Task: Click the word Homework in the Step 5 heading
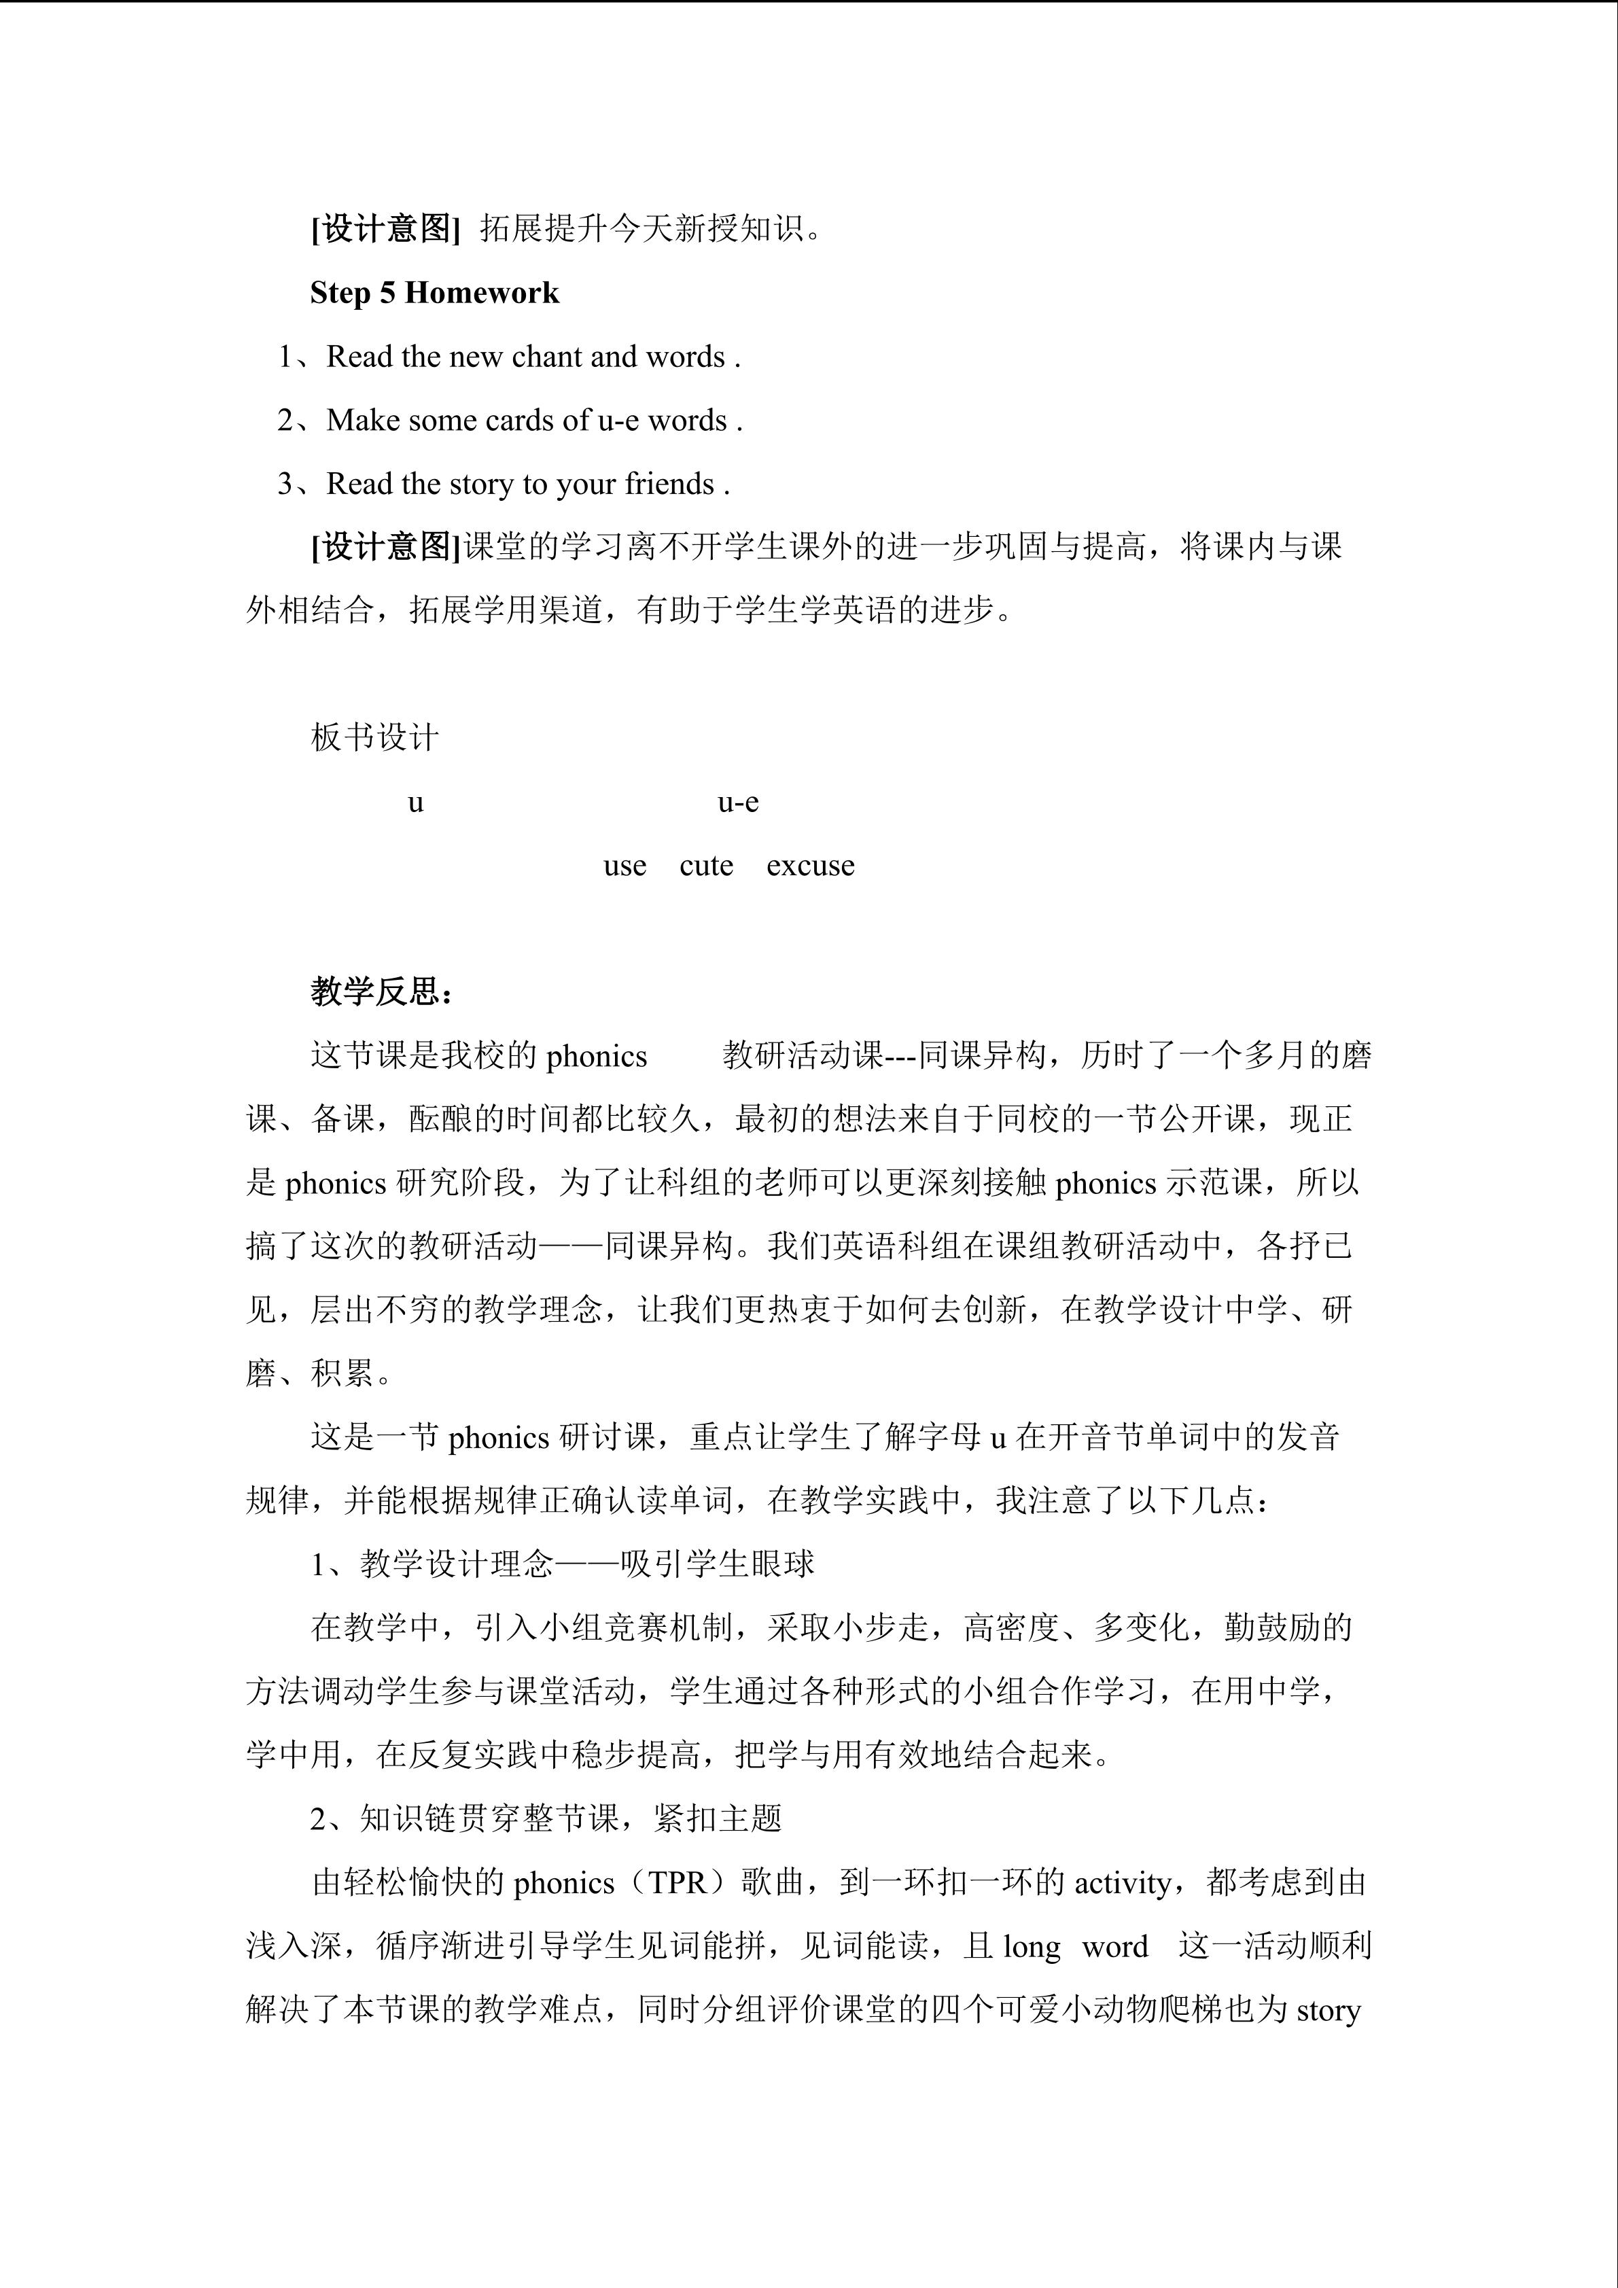482,293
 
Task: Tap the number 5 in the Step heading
387,293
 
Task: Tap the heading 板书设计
374,739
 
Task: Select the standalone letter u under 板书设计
415,803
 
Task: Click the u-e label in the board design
738,803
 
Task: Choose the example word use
625,866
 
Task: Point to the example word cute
706,866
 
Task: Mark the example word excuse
810,866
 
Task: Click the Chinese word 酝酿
441,1120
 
